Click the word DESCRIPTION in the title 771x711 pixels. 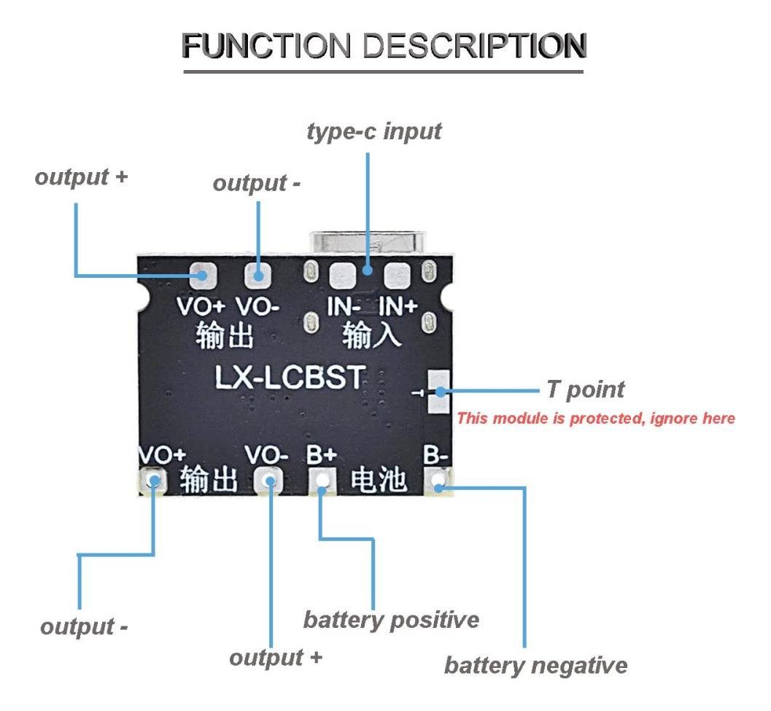click(475, 46)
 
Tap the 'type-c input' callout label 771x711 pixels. click(373, 132)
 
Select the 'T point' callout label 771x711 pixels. click(585, 389)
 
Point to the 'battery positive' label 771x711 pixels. click(391, 621)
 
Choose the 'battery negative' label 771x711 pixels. click(535, 665)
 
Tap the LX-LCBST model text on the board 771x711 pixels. click(290, 377)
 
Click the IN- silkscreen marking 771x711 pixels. click(343, 306)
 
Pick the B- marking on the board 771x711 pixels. click(435, 456)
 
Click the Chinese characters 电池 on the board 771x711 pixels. click(379, 480)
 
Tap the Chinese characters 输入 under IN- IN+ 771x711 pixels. click(371, 335)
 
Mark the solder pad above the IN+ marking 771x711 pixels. click(398, 275)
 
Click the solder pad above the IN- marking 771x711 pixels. click(342, 275)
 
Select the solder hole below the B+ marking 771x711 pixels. click(322, 480)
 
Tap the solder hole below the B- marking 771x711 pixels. click(438, 482)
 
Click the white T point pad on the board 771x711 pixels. click(438, 392)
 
